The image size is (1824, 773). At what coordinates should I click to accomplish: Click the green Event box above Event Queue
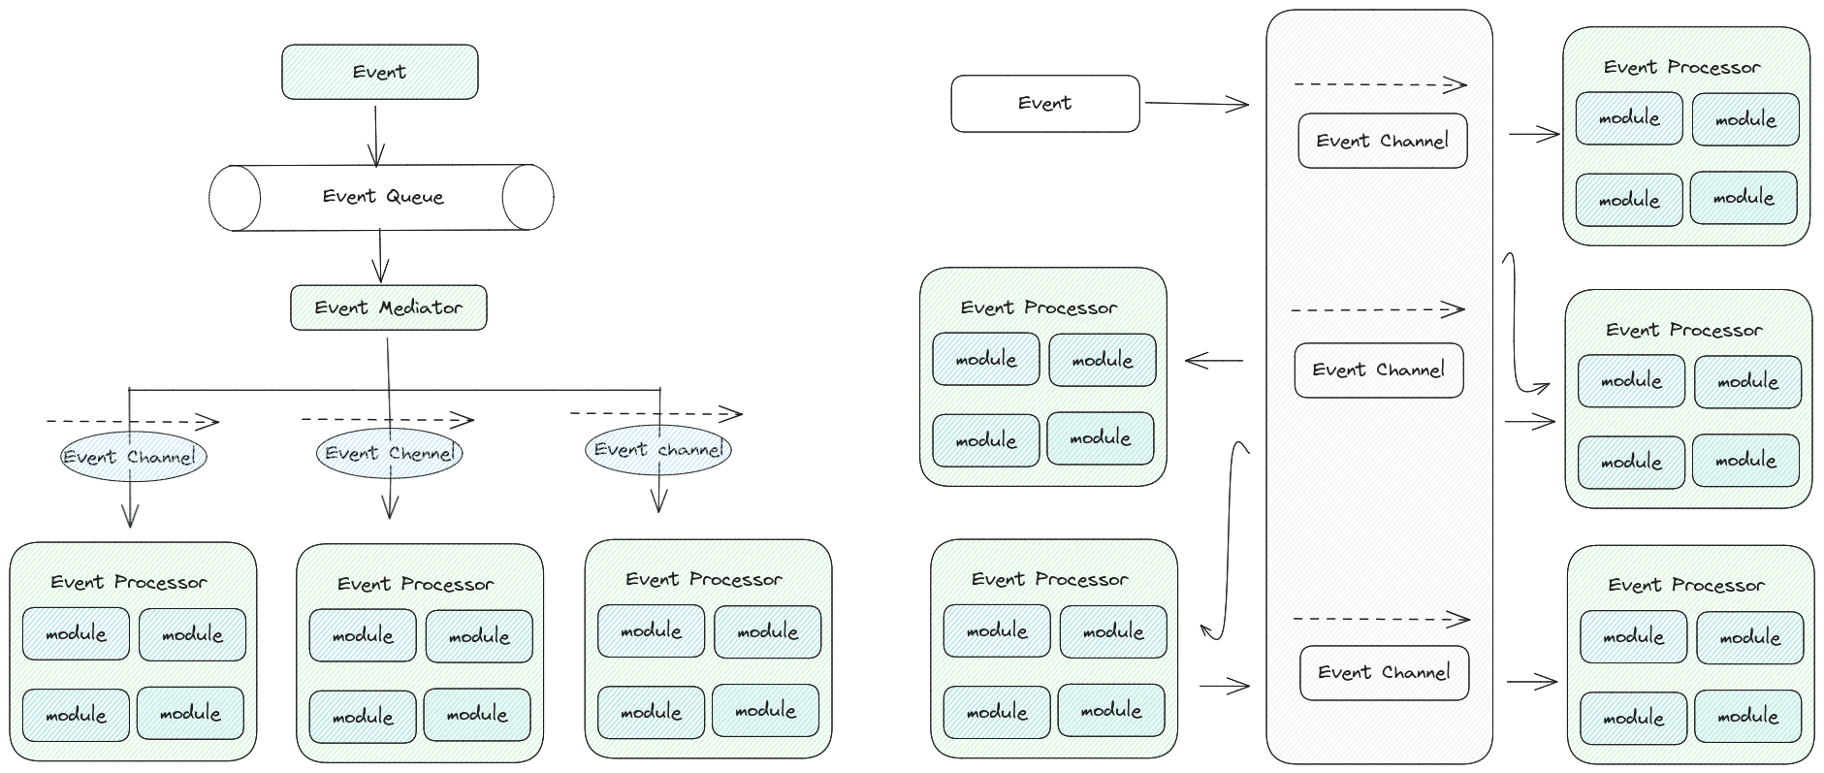click(379, 72)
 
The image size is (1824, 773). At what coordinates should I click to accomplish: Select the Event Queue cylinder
click(381, 197)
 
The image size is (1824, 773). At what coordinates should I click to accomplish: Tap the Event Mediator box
click(388, 307)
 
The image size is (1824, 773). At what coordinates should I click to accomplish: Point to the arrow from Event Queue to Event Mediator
click(380, 256)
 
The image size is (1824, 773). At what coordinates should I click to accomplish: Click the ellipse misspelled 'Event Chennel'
click(389, 453)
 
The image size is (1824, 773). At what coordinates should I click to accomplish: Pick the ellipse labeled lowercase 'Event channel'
click(658, 450)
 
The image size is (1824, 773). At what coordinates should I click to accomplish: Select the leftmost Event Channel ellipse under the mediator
click(134, 457)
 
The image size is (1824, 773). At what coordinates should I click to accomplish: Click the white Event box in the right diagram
click(1044, 103)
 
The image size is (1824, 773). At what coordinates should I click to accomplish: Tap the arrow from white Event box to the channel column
click(1197, 103)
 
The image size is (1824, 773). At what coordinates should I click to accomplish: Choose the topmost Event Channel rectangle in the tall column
click(1382, 141)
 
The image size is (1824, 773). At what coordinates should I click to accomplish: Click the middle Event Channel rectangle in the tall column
click(1378, 370)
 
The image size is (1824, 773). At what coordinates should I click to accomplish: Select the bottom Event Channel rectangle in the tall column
click(1384, 672)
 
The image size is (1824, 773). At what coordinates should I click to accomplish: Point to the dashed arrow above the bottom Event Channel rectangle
click(1381, 618)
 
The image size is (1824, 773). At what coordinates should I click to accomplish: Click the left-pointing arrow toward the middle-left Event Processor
click(1214, 361)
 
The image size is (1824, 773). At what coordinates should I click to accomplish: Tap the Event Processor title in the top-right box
click(1681, 67)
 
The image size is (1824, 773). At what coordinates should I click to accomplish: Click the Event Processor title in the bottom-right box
click(1685, 585)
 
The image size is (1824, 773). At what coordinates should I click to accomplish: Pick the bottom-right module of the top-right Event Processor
click(1743, 197)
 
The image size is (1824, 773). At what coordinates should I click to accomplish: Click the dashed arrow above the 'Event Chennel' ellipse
click(387, 420)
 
